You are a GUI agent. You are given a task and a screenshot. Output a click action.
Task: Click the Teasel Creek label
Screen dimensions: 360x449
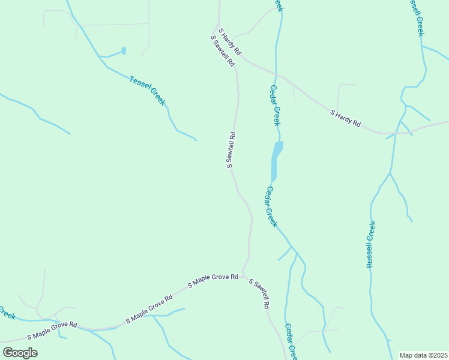(147, 91)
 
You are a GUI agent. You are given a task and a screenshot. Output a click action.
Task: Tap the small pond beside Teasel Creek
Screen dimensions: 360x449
(124, 51)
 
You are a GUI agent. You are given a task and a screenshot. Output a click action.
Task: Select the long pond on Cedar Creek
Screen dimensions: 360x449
(276, 160)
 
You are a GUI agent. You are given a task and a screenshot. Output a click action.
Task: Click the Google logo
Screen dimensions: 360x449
(20, 353)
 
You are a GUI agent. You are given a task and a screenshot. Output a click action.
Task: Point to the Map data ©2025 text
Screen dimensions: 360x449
(424, 355)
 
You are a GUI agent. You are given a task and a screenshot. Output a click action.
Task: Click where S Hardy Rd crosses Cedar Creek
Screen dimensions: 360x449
(276, 74)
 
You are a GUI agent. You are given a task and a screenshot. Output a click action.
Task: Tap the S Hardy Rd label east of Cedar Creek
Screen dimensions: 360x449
(346, 118)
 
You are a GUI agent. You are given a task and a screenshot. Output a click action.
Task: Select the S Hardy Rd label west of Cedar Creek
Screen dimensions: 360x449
(229, 42)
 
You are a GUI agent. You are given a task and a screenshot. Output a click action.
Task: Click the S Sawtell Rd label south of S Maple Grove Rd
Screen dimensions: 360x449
(259, 293)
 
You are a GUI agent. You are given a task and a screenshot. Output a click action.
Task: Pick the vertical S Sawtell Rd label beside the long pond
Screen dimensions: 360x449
(231, 150)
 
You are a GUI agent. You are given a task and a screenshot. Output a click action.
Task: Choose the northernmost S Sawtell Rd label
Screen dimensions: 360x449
(222, 51)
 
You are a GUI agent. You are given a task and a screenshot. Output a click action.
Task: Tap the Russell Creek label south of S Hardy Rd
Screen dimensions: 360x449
(371, 244)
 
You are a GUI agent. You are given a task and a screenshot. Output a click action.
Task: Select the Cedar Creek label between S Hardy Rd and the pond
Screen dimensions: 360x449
(275, 106)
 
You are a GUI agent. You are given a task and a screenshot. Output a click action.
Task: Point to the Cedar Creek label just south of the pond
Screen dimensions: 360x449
(271, 207)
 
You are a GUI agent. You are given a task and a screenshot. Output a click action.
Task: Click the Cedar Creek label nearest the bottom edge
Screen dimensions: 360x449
(291, 341)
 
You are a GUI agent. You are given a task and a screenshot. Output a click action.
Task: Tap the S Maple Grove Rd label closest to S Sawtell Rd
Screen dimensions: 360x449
(212, 281)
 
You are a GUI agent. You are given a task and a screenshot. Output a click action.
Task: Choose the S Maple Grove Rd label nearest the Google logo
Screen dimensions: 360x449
(52, 327)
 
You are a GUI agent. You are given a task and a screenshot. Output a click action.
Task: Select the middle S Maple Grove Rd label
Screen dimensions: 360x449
(149, 309)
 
